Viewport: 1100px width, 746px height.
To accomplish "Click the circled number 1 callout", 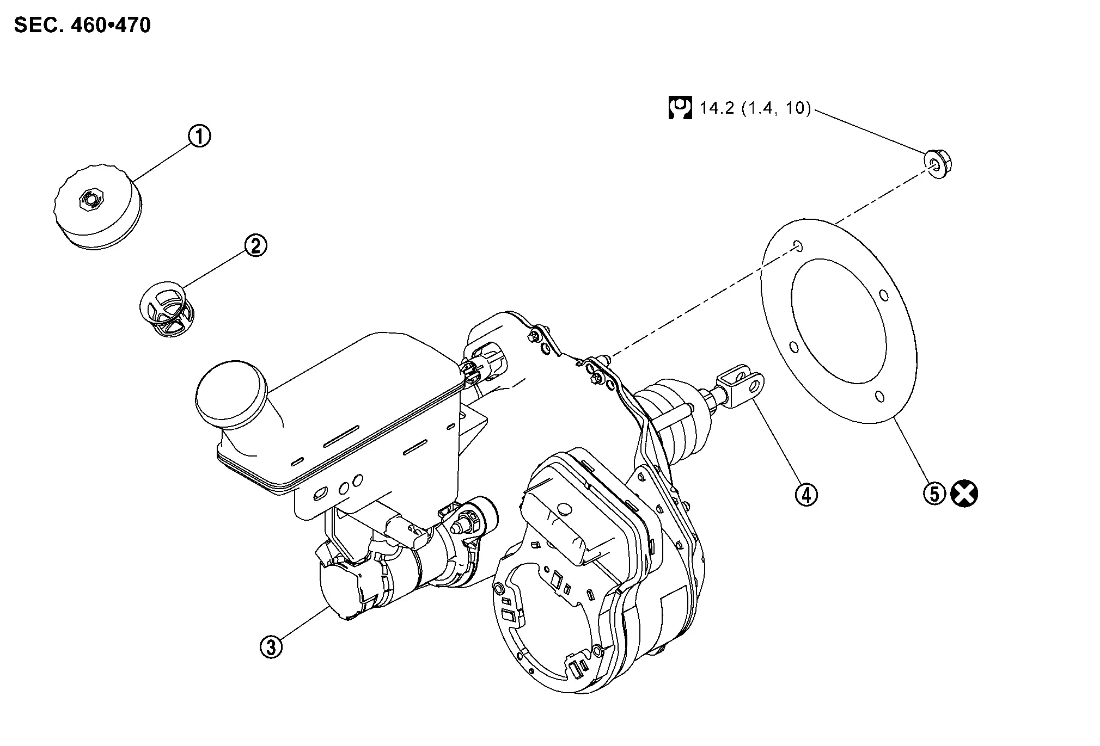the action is pyautogui.click(x=200, y=135).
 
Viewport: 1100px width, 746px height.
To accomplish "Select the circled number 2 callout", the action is pyautogui.click(x=255, y=245).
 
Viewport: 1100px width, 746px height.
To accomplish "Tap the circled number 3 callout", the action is pyautogui.click(x=271, y=647).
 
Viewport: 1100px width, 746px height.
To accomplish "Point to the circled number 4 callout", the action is pyautogui.click(x=806, y=495).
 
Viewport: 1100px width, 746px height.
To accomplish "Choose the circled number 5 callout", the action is pyautogui.click(x=934, y=495).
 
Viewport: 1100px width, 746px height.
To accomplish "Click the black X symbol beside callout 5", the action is pyautogui.click(x=964, y=494).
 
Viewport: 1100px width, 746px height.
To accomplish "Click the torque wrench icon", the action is pyautogui.click(x=680, y=108).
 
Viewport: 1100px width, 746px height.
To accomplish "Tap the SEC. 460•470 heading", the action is pyautogui.click(x=82, y=25).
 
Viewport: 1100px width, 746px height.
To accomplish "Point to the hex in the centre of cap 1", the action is pyautogui.click(x=89, y=199).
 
